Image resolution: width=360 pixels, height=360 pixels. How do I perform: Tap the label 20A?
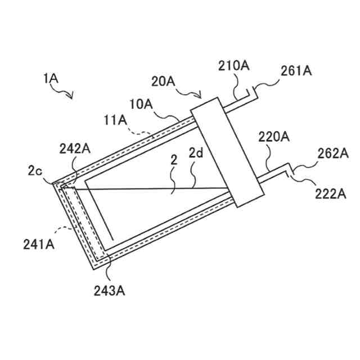[163, 82]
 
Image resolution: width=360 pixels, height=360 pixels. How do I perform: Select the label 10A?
[141, 104]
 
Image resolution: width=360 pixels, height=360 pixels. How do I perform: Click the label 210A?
[234, 66]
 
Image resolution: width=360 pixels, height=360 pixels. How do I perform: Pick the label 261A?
[296, 71]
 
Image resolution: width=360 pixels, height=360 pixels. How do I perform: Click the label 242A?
[74, 148]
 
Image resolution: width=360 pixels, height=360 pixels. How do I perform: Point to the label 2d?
[195, 152]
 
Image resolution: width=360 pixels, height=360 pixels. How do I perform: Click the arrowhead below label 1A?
[71, 97]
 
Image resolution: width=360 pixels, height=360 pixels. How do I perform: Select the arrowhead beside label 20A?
[201, 96]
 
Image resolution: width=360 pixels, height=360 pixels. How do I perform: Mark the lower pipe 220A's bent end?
[290, 167]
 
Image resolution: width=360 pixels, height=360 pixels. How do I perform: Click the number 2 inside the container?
[174, 160]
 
